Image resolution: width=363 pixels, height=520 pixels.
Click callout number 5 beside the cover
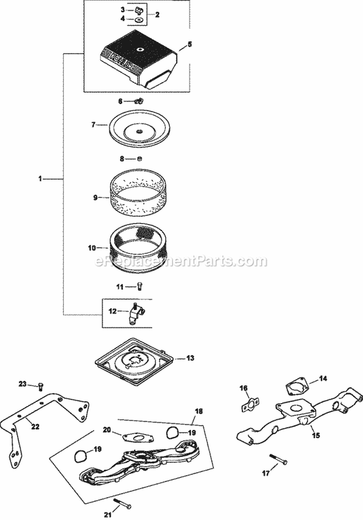190,44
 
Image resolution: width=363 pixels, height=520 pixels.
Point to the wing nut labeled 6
138,101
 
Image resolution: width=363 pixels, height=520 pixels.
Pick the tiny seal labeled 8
138,158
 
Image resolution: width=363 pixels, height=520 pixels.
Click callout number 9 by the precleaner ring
95,197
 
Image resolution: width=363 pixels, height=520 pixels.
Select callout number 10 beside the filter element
92,248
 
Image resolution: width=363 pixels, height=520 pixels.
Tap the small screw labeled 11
139,286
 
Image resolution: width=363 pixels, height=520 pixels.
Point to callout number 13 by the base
190,358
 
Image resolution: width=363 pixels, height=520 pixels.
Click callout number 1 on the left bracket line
41,179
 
